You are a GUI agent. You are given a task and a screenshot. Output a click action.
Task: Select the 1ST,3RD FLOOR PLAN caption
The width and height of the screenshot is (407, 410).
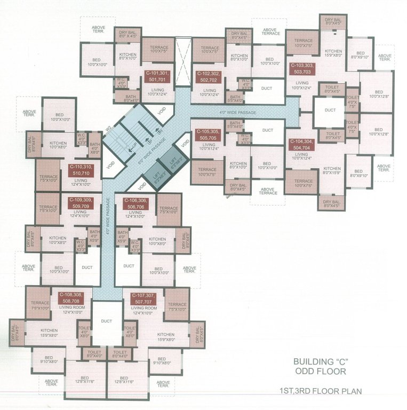[328, 391]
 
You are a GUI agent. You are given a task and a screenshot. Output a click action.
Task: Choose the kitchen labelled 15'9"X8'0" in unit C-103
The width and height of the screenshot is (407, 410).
[333, 53]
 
